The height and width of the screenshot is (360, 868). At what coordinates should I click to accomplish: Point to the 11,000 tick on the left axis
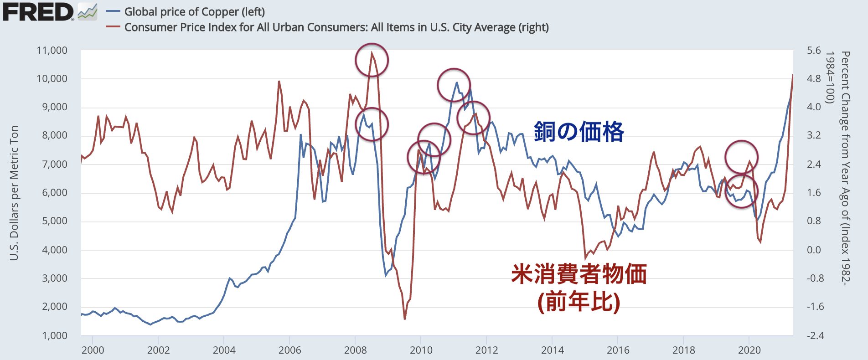click(52, 51)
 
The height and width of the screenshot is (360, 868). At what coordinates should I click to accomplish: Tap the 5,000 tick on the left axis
click(54, 221)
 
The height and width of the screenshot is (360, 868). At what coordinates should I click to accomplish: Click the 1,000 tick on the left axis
click(54, 336)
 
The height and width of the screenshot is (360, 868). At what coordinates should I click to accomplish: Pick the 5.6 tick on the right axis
click(814, 51)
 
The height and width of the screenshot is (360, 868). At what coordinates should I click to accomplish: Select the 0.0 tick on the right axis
click(814, 250)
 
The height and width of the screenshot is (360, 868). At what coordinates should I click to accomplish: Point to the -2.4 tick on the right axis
click(815, 336)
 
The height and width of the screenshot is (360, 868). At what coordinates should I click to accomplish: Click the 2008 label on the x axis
click(355, 350)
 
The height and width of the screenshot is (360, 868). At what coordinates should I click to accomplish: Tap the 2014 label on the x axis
click(552, 350)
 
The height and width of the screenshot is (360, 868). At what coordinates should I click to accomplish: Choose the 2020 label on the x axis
click(749, 350)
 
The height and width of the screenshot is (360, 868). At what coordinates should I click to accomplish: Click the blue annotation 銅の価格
click(579, 132)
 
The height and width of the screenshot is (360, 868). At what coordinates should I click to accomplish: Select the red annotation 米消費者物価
click(579, 274)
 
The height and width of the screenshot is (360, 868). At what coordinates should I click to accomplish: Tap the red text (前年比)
click(579, 301)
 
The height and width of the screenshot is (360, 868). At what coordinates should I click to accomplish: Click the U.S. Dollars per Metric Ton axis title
click(14, 193)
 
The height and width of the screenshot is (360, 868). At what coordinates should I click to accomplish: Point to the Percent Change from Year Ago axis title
click(845, 169)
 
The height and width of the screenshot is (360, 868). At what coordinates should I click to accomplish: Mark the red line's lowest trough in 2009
click(404, 319)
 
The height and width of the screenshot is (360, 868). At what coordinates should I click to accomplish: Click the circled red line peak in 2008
click(372, 53)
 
